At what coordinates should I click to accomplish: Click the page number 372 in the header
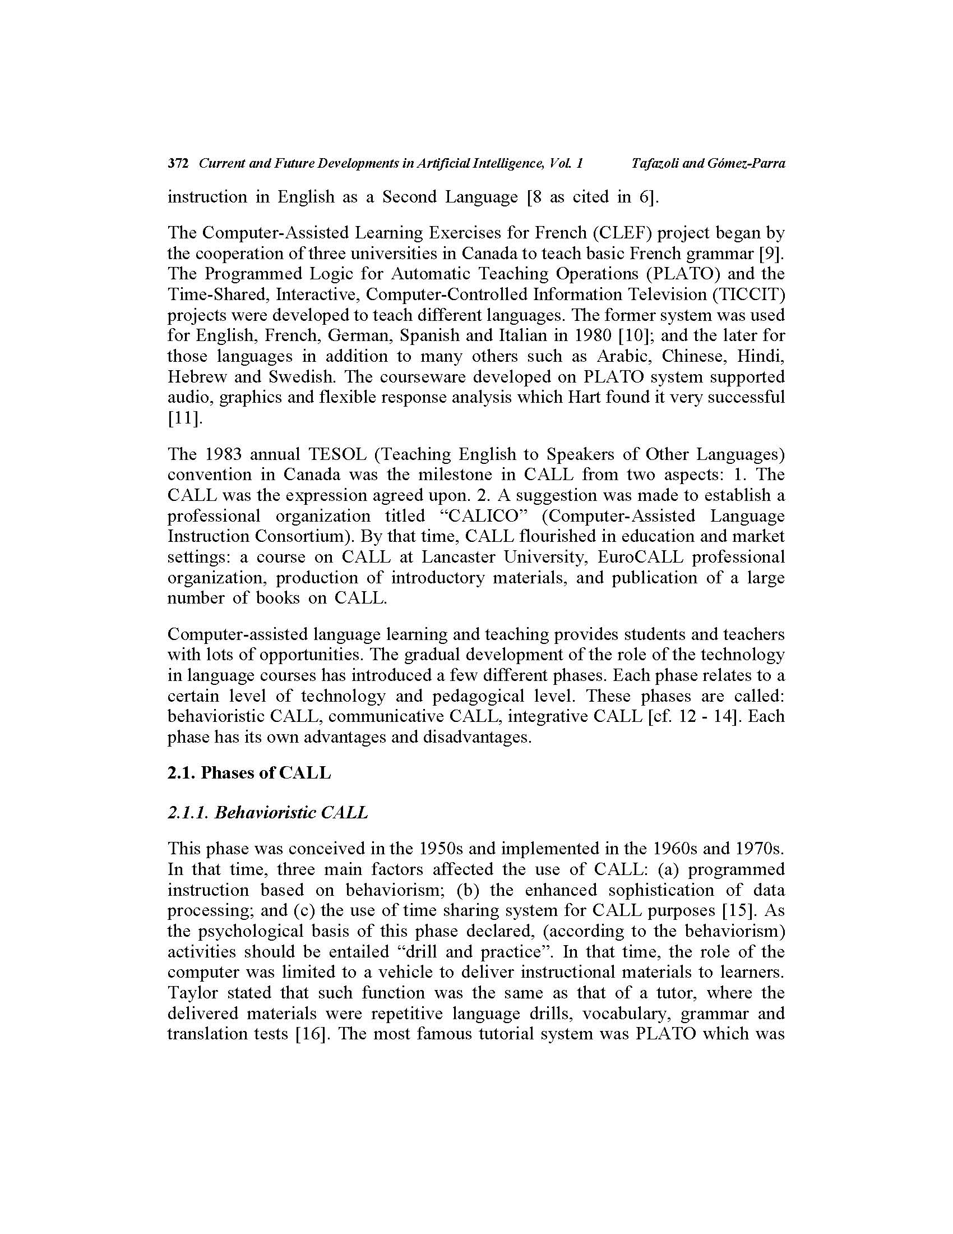pyautogui.click(x=177, y=164)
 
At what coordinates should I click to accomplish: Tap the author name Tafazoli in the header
pyautogui.click(x=655, y=164)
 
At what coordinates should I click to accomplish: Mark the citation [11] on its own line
pyautogui.click(x=183, y=418)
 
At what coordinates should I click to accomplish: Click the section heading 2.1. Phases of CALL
pyautogui.click(x=249, y=772)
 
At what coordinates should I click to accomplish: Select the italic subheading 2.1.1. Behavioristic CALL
pyautogui.click(x=267, y=813)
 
